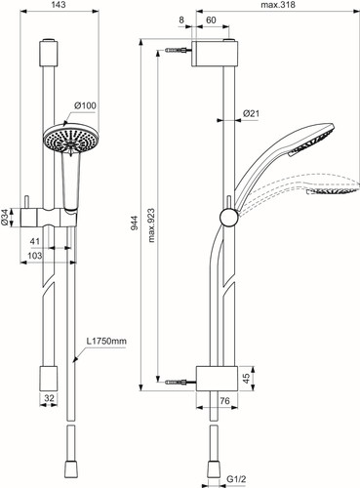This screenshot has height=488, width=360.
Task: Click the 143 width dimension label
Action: coord(59,5)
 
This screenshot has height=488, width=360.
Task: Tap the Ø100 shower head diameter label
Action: coord(85,105)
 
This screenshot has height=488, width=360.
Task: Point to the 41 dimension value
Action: coord(35,241)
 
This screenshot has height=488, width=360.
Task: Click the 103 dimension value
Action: coord(35,256)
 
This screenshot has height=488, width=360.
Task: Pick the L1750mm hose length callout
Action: coord(106,342)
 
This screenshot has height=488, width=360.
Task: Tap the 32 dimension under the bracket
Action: coord(49,398)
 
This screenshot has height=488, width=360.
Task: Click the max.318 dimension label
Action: coord(278,5)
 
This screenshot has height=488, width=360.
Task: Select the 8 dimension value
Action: coord(181,20)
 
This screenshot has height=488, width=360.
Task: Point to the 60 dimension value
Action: coord(211,20)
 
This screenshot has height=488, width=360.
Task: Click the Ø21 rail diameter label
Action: coord(251,113)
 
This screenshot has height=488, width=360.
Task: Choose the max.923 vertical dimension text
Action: coord(151,225)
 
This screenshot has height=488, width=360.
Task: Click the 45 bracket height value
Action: coord(247,378)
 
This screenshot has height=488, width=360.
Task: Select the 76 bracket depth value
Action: coord(224,400)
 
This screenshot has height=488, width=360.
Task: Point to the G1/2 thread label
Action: coord(235,479)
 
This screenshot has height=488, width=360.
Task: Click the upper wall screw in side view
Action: coord(178,51)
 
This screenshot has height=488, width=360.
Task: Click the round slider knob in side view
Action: coord(229,218)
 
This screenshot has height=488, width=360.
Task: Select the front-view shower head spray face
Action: coord(69,138)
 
